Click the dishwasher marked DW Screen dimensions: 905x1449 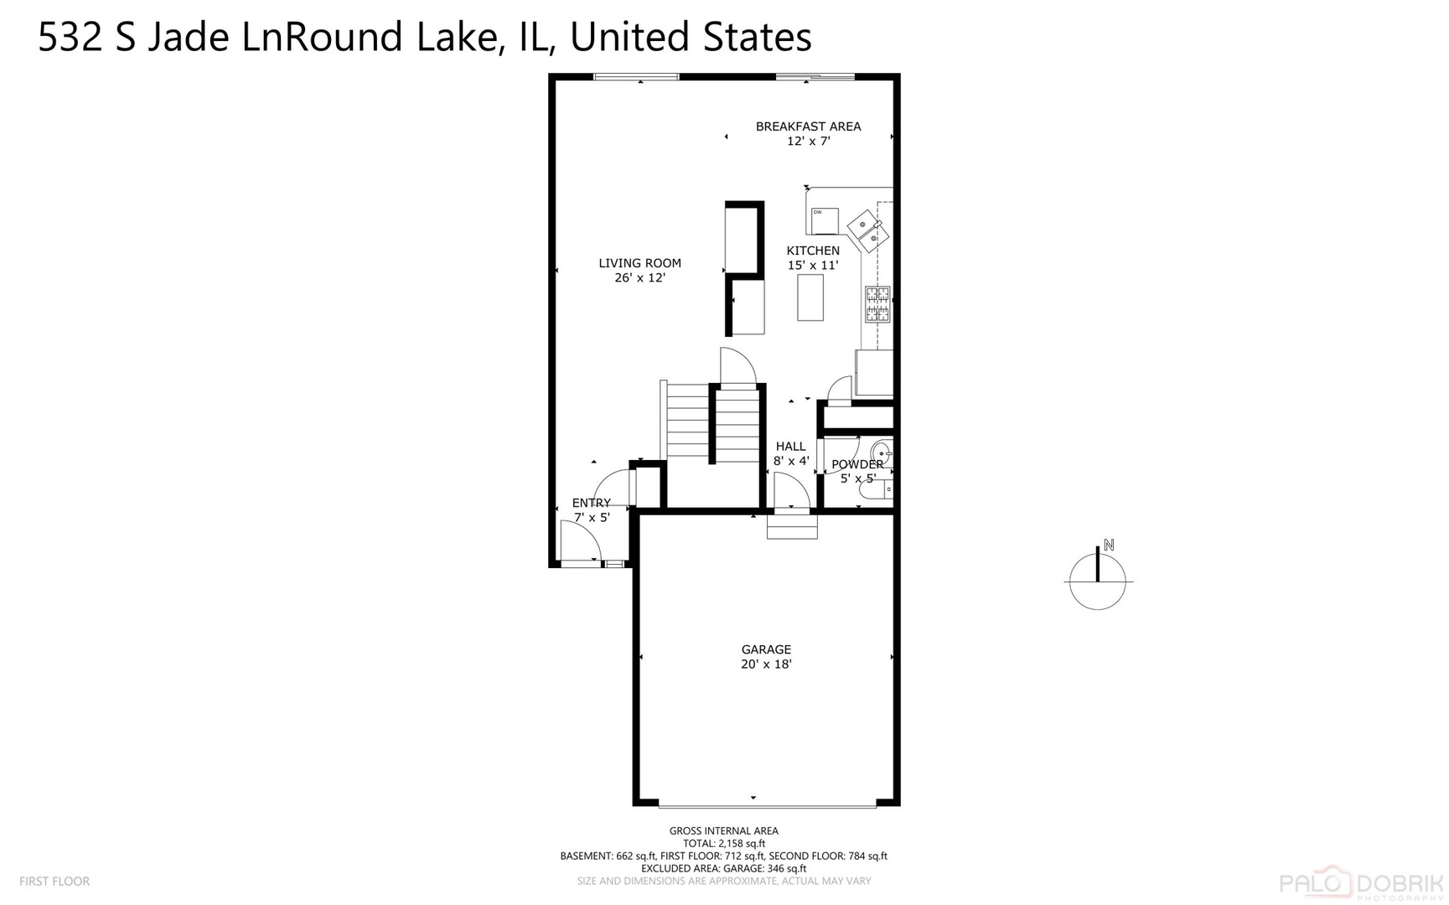click(x=825, y=220)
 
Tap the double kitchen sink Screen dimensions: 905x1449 click(x=867, y=230)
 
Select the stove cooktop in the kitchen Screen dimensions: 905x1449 click(x=877, y=304)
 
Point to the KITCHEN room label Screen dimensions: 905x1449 click(x=812, y=251)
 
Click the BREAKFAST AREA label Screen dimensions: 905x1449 click(x=808, y=127)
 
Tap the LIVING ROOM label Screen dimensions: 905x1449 click(x=639, y=263)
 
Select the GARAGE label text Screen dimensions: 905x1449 click(x=766, y=649)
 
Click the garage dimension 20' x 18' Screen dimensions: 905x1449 click(x=766, y=665)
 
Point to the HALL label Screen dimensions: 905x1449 click(x=790, y=447)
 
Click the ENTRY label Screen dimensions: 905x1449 click(x=591, y=503)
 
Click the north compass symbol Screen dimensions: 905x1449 click(x=1098, y=578)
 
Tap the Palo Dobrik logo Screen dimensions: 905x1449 click(x=1361, y=882)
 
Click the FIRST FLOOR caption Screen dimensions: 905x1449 click(x=54, y=882)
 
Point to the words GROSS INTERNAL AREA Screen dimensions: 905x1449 click(x=723, y=831)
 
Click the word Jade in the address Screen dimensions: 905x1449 click(x=188, y=38)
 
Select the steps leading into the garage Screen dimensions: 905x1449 click(x=792, y=526)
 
